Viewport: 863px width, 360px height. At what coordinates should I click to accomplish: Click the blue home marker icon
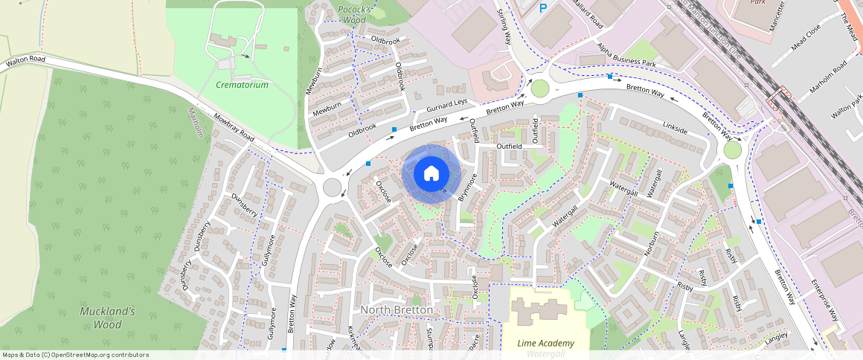[x=431, y=174]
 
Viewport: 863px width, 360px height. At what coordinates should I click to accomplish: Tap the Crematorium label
[x=242, y=86]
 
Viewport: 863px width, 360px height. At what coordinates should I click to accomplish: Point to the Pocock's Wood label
[x=355, y=14]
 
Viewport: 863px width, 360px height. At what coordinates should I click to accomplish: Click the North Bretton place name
[x=396, y=309]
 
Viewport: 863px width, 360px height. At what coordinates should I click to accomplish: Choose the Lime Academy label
[x=546, y=343]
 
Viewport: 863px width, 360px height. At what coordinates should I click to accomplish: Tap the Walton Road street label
[x=26, y=60]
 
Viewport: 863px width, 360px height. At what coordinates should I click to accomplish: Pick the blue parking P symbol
[x=543, y=8]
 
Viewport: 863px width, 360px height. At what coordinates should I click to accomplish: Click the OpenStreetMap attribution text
[x=74, y=355]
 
